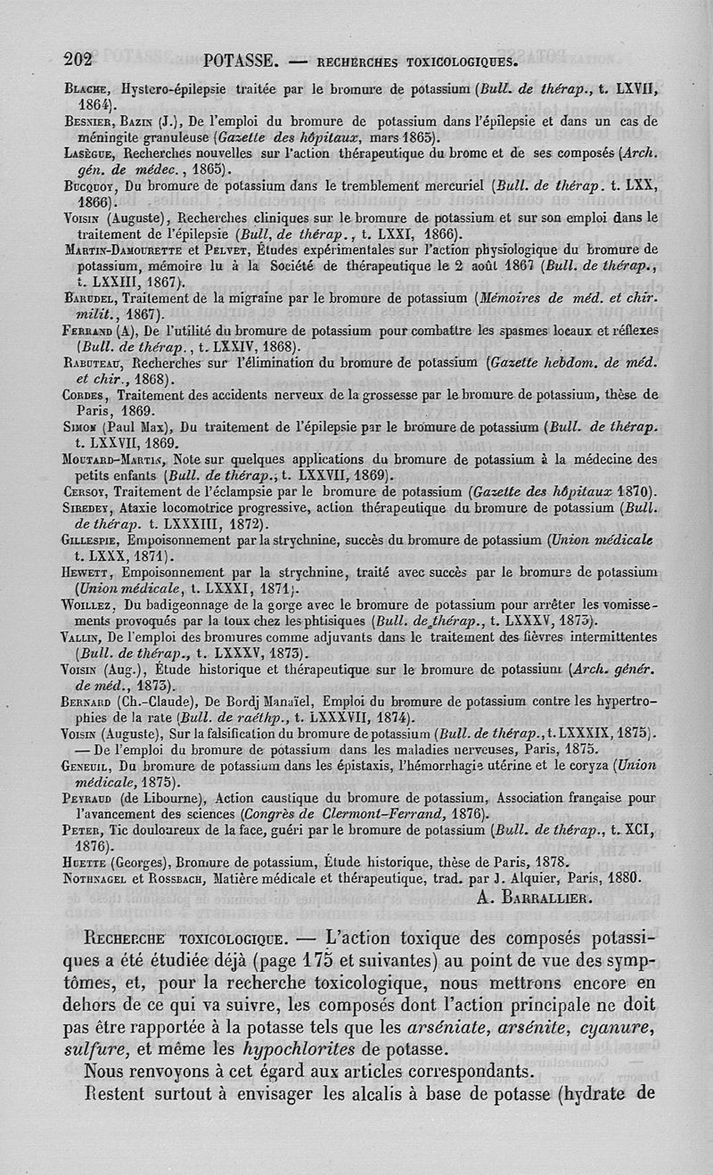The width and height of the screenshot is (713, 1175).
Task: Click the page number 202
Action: (x=78, y=61)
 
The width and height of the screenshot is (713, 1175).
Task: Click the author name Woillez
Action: (x=91, y=604)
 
